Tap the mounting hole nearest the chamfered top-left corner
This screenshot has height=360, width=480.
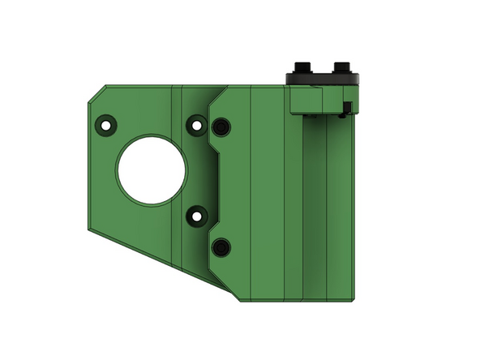pyautogui.click(x=105, y=125)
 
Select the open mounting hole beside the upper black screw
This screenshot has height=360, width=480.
pyautogui.click(x=195, y=125)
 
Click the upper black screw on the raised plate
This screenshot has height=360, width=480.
pyautogui.click(x=221, y=128)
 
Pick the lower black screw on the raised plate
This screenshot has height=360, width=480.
pyautogui.click(x=221, y=246)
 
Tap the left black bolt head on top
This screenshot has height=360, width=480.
pyautogui.click(x=305, y=65)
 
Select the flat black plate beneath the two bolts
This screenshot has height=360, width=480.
pyautogui.click(x=323, y=78)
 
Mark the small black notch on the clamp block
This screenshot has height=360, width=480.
pyautogui.click(x=346, y=108)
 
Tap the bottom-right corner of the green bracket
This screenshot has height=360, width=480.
pyautogui.click(x=354, y=300)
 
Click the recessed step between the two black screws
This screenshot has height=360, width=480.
pyautogui.click(x=217, y=186)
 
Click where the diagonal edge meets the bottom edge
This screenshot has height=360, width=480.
pyautogui.click(x=241, y=301)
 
